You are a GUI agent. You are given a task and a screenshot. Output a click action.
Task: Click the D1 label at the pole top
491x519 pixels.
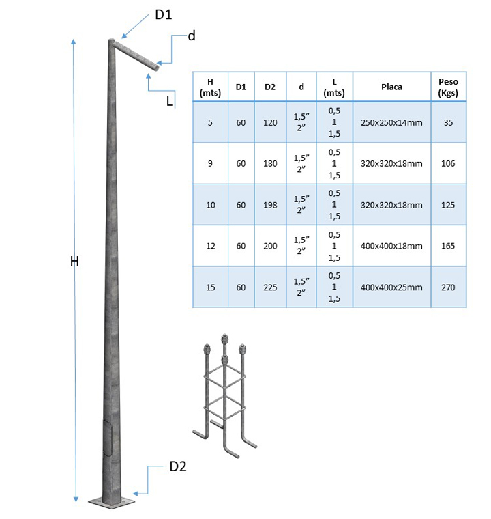[162, 14]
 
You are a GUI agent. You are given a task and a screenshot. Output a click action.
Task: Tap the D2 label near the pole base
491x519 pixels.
[178, 467]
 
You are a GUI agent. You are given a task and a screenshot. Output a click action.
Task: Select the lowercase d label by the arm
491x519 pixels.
[192, 36]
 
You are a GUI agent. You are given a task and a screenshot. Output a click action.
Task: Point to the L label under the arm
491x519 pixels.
[168, 101]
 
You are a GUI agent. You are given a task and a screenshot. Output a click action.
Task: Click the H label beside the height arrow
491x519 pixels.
[75, 261]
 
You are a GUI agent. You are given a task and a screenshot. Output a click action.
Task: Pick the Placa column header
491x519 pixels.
[391, 87]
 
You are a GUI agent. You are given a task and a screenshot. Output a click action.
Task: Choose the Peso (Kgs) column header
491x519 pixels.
[448, 87]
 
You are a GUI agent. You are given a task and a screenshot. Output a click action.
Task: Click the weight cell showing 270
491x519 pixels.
[448, 287]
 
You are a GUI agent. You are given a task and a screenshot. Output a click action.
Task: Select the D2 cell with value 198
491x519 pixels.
[270, 205]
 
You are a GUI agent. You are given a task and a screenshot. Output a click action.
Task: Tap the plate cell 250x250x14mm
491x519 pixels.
[391, 123]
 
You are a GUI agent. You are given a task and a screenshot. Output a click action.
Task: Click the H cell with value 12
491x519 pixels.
[210, 246]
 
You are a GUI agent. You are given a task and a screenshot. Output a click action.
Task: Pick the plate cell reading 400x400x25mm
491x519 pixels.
[391, 287]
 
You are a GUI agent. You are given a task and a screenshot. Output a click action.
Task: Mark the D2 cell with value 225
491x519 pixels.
[270, 287]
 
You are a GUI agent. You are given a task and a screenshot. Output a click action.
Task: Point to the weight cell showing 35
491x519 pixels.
[448, 123]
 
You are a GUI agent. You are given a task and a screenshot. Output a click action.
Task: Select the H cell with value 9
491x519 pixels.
[210, 164]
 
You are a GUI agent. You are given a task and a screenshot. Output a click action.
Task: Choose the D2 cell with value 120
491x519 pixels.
[270, 123]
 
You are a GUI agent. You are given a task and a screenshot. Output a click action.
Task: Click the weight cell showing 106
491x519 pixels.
[448, 164]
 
